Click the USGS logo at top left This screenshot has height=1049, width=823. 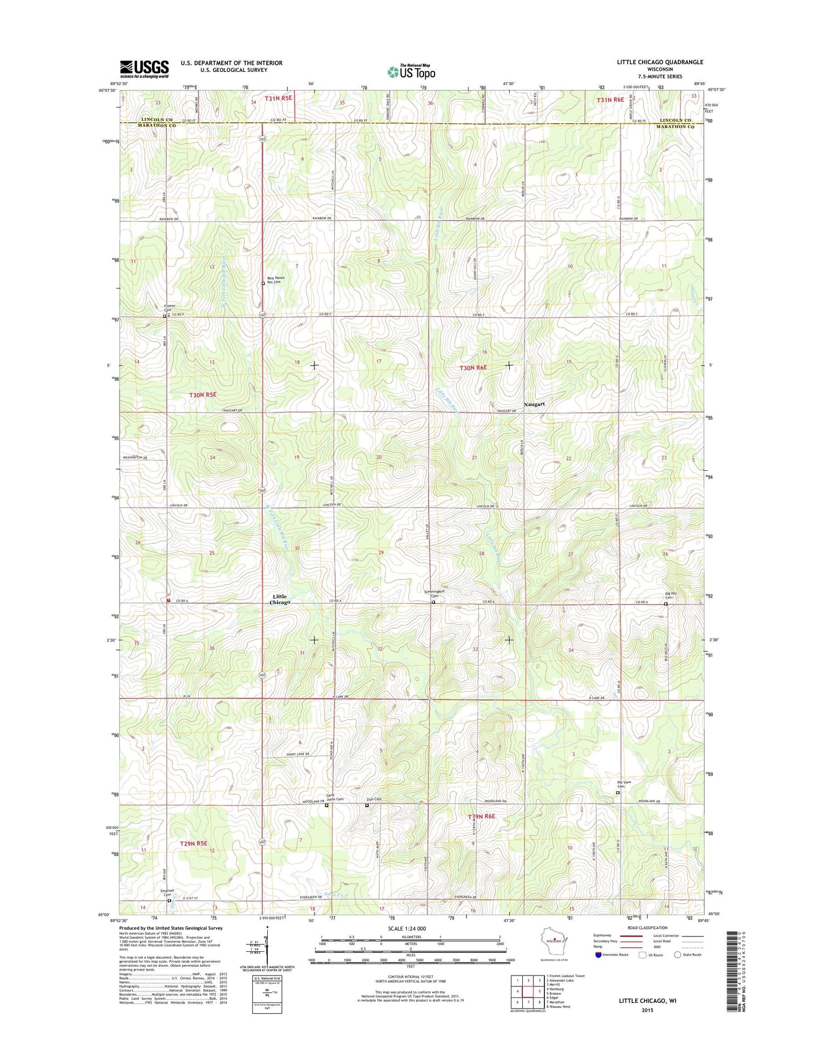coord(144,69)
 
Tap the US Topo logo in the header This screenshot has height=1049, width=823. coord(411,71)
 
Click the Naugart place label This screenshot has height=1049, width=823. coord(534,404)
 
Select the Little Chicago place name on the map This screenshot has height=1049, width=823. coord(280,599)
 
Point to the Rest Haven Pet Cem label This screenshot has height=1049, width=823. coord(275,280)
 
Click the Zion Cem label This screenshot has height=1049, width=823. coord(374,799)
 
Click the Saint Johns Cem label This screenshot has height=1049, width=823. coord(335,798)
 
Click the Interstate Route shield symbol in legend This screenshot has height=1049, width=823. coord(598,955)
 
